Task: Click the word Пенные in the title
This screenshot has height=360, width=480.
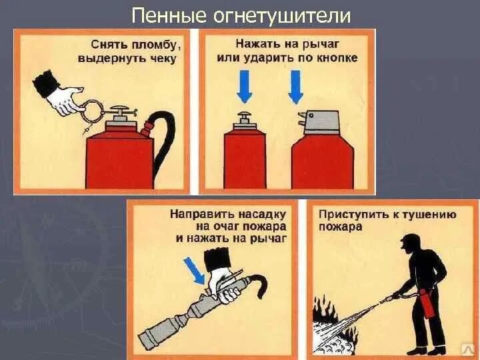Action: [x=169, y=15]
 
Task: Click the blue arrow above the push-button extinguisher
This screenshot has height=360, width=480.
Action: [x=245, y=87]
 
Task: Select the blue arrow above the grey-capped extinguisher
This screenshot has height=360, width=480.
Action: [x=296, y=87]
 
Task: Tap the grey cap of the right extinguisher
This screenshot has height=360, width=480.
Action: [x=320, y=123]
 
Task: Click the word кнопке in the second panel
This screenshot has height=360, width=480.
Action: [x=339, y=57]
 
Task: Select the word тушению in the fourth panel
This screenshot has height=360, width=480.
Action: [x=429, y=214]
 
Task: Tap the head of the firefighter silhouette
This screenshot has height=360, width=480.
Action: [x=412, y=243]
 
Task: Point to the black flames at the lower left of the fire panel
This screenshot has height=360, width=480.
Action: [x=325, y=309]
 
